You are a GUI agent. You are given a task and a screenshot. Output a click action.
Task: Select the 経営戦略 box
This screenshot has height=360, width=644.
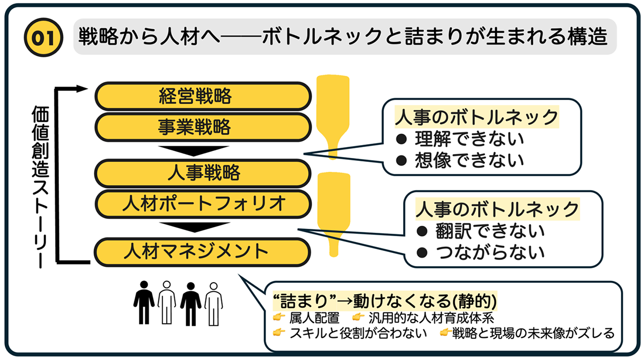[x=203, y=96]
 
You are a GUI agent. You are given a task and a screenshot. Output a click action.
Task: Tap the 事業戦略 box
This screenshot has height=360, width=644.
[x=203, y=127]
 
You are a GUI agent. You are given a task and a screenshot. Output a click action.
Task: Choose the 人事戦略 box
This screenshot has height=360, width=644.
[x=203, y=172]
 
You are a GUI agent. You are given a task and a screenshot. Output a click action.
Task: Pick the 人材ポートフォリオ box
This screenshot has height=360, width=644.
[x=203, y=203]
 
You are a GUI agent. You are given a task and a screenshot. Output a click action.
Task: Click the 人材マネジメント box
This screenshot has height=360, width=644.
[x=203, y=251]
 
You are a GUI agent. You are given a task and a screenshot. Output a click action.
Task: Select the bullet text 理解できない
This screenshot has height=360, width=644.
[x=469, y=139]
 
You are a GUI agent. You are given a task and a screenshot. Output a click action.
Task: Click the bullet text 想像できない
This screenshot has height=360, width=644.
[x=469, y=159]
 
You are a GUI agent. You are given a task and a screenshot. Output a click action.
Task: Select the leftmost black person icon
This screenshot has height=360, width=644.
[x=144, y=303]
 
